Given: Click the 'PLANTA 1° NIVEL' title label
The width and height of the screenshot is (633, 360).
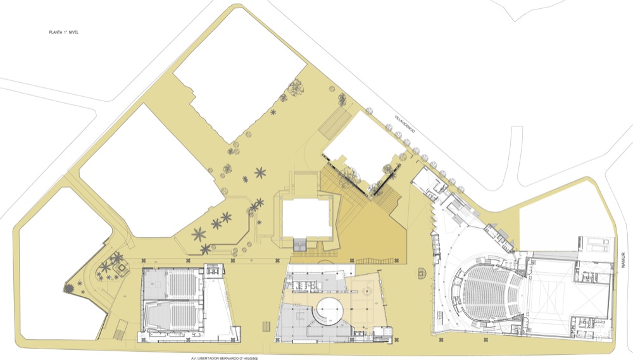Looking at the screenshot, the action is [64, 32].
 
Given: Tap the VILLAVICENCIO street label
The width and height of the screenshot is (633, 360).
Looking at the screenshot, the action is [405, 124].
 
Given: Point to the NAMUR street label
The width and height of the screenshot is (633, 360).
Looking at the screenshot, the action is [624, 260].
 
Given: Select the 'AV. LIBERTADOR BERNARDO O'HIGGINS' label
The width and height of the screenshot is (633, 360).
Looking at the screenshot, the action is [225, 358].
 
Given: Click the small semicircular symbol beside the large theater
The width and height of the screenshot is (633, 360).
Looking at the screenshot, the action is [421, 273].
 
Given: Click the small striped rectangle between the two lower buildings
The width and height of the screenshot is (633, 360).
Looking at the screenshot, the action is [266, 326].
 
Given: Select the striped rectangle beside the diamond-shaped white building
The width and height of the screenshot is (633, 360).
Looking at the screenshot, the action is [334, 123].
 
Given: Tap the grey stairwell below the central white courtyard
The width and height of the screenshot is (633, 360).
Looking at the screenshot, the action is [299, 244].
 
